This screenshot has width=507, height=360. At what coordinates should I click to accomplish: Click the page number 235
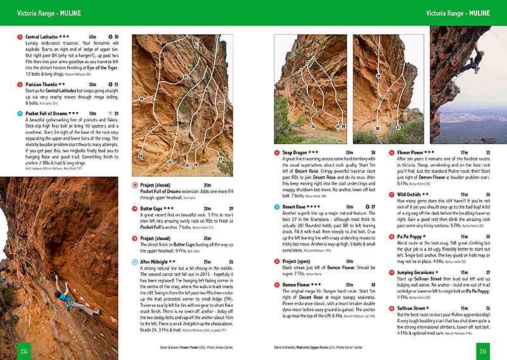click(482, 350)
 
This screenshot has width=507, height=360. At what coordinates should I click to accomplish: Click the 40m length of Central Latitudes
click(93, 37)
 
